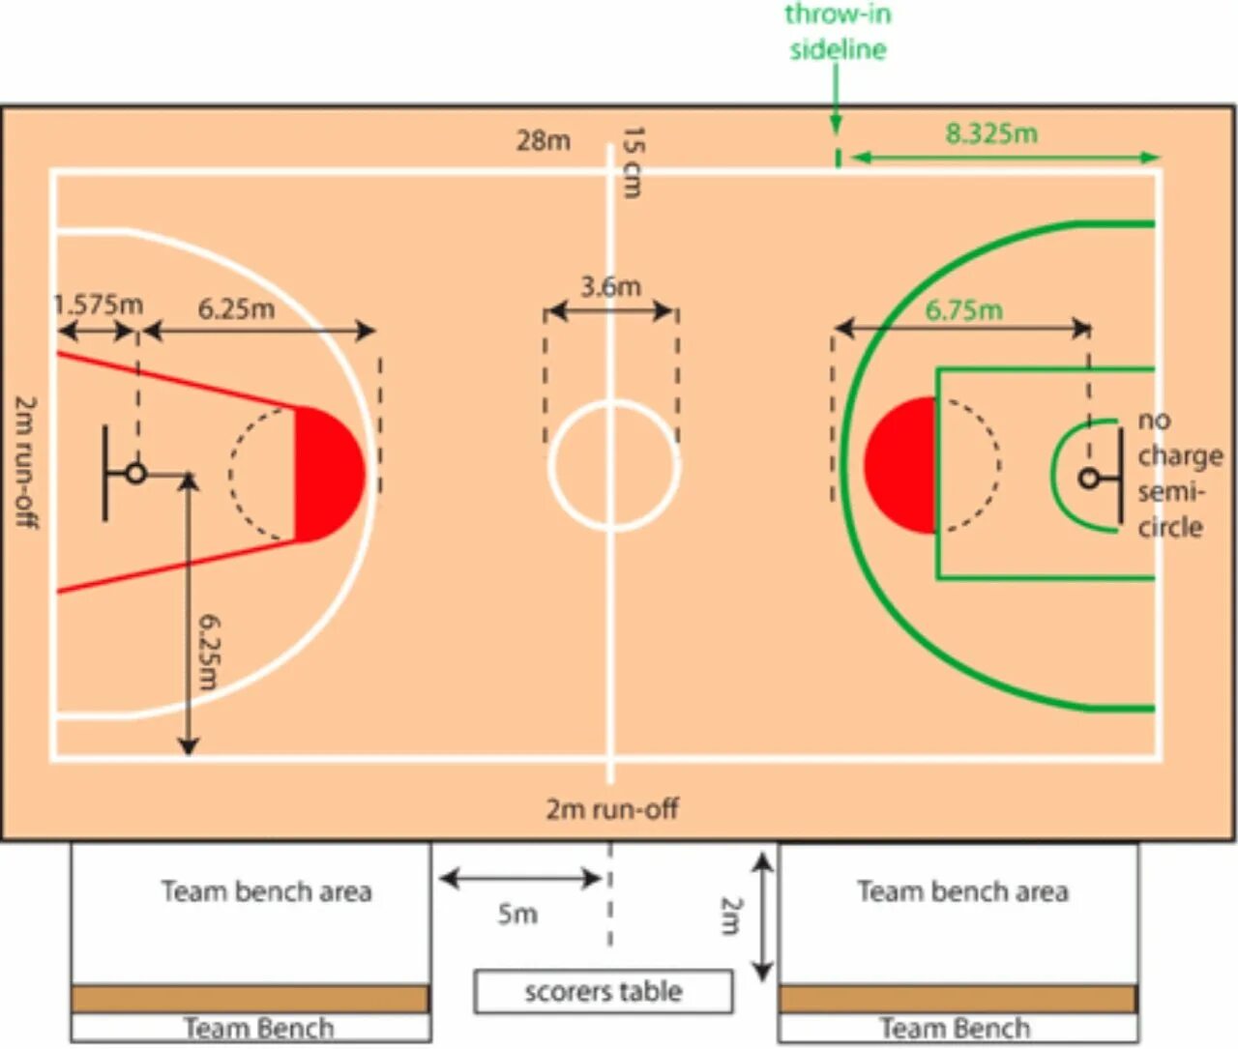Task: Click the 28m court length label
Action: coord(543,141)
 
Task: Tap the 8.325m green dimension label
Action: coord(991,133)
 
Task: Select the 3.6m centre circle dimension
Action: coord(610,287)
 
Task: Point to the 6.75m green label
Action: coord(963,310)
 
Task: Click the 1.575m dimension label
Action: coord(99,305)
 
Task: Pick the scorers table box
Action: coord(603,992)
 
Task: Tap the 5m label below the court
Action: coord(517,914)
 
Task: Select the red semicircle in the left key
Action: coord(329,474)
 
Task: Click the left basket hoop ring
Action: coord(136,474)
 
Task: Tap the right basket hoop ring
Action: coord(1089,478)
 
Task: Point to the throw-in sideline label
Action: coord(838,32)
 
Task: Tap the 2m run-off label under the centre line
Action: coord(611,808)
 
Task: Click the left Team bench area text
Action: coord(266,891)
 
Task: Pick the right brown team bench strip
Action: coord(958,999)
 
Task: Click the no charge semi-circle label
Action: coord(1178,474)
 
